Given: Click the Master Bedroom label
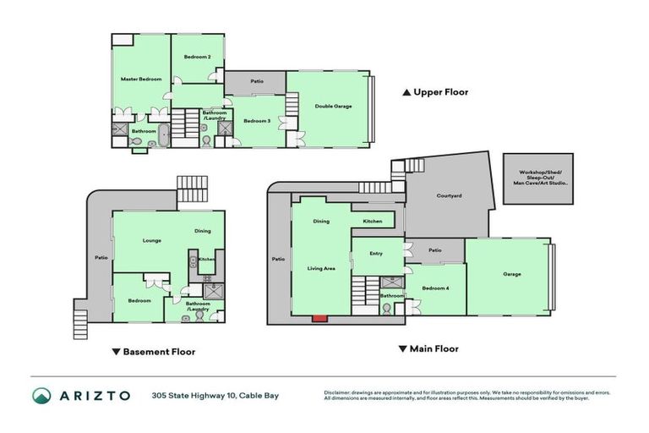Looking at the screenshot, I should [x=140, y=79].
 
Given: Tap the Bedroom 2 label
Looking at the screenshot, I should [x=197, y=57].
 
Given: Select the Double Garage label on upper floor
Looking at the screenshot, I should [x=333, y=106].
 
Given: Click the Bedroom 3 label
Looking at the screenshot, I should [x=257, y=121].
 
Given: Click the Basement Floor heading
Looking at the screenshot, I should [x=153, y=351].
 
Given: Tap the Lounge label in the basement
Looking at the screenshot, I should [x=152, y=240].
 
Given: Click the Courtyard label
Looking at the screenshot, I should [x=448, y=195].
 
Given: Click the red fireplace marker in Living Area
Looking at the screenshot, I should [x=319, y=318].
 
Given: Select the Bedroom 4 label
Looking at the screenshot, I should [x=434, y=288].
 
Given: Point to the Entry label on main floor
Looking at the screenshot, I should [x=376, y=253].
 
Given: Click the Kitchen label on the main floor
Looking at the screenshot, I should [x=373, y=222].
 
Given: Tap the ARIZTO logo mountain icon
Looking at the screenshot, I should [x=41, y=395].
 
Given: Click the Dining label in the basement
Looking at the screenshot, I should [x=203, y=231].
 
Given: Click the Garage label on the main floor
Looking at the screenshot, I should [x=512, y=274].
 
